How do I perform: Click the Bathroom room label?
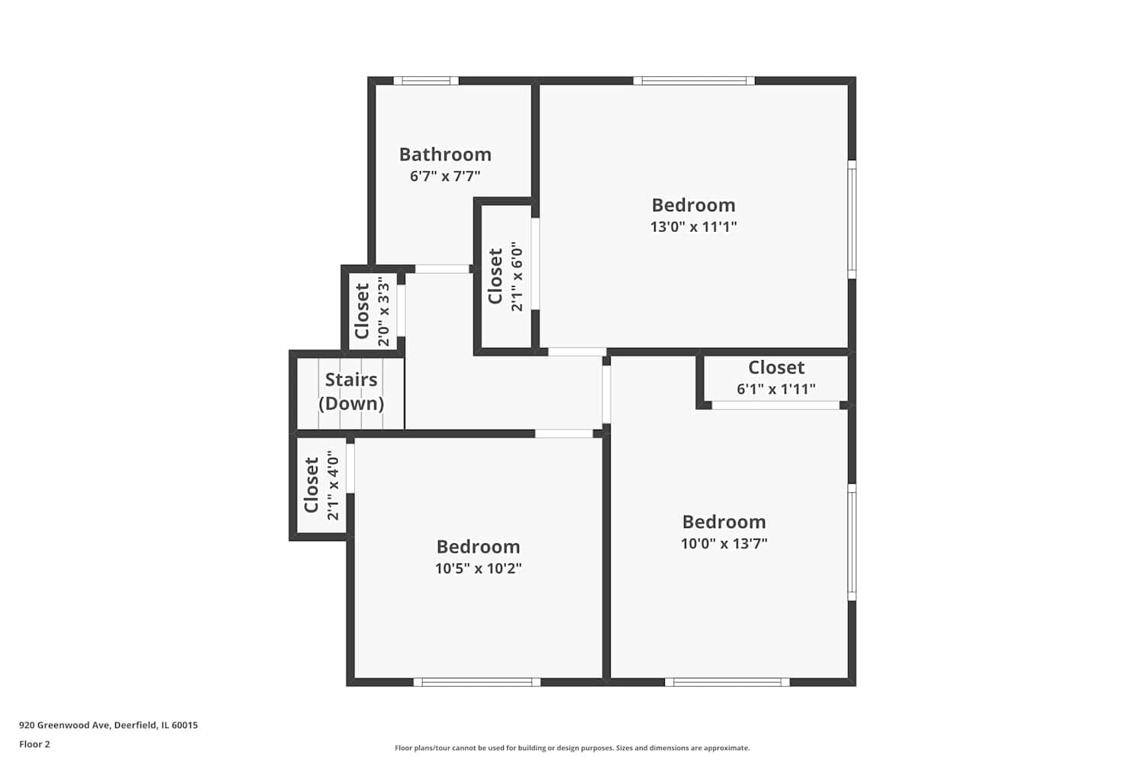(x=445, y=154)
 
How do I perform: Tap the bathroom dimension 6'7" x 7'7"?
(x=445, y=176)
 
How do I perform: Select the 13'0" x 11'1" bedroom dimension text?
(x=694, y=227)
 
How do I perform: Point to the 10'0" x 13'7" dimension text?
(x=724, y=543)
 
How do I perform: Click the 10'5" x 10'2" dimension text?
(x=479, y=568)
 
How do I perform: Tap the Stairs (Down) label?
(x=351, y=391)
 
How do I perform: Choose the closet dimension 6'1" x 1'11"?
(x=776, y=389)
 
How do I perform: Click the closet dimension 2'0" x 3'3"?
(x=384, y=314)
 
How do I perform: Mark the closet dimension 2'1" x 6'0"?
(x=518, y=276)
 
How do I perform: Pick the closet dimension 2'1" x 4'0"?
(x=334, y=485)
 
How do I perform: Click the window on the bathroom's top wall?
(x=426, y=81)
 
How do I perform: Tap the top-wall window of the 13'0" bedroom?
(x=694, y=81)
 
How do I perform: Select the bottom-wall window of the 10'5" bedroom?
(x=477, y=682)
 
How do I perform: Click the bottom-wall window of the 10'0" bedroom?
(x=727, y=682)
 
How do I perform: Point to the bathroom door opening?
(x=442, y=269)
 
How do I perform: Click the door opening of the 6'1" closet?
(x=776, y=405)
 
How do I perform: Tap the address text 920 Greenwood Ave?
(x=64, y=725)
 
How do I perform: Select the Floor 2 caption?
(x=35, y=744)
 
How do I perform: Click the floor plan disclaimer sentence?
(x=572, y=748)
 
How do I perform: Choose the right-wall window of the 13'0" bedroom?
(x=852, y=219)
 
